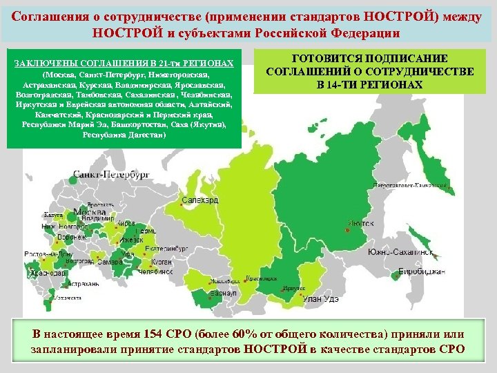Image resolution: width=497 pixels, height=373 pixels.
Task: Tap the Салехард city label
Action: [x=201, y=200]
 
